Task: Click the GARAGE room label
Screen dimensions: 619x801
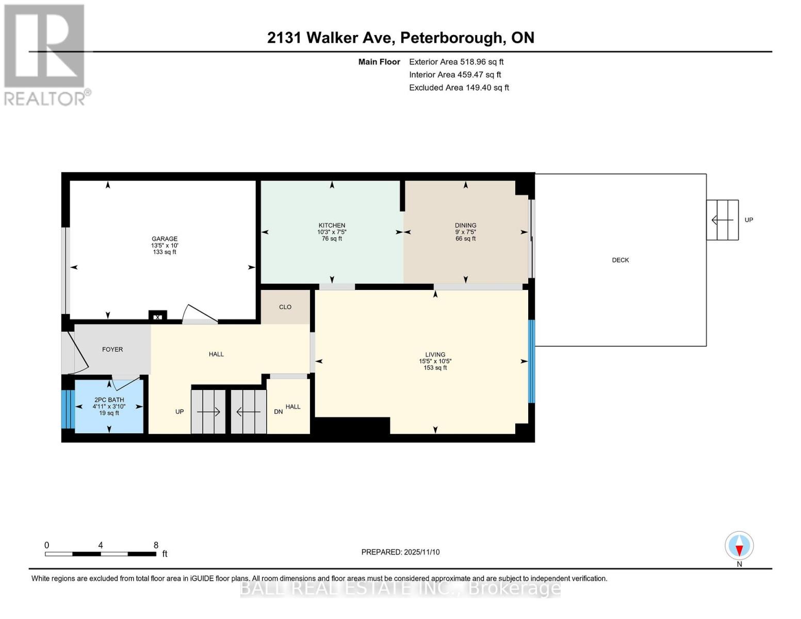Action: point(164,239)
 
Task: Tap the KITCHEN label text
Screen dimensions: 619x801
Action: point(332,225)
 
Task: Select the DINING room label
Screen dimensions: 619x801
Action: point(465,225)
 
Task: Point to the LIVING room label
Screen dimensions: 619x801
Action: point(435,355)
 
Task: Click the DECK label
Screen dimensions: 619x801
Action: point(620,260)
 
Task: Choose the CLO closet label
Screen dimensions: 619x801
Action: point(285,307)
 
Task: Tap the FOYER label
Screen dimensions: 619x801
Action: point(112,349)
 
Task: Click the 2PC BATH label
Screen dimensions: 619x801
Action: point(109,400)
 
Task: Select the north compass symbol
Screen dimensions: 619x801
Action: point(739,546)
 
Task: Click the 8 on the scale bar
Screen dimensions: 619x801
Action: point(156,545)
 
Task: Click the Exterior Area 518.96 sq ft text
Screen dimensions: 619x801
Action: point(456,61)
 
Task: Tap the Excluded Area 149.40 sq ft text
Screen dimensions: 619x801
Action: point(459,88)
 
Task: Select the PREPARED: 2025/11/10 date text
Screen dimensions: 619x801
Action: point(400,552)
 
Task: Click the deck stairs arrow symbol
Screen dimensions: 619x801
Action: point(722,220)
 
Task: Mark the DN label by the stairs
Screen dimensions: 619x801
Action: point(278,412)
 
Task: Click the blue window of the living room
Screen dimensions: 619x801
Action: point(531,361)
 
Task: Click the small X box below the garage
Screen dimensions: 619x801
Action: point(158,317)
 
